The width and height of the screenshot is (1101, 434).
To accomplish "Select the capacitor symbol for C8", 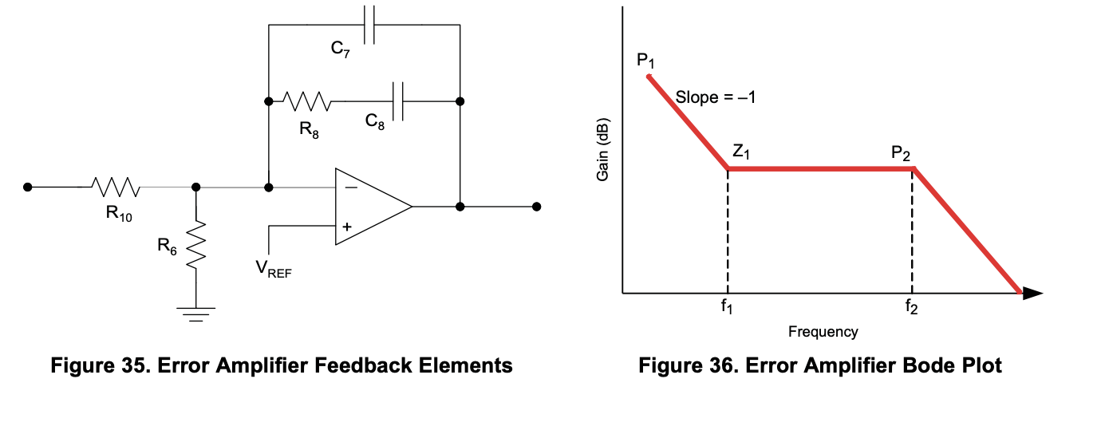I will [399, 101].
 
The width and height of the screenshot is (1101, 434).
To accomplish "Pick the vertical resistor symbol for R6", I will [195, 245].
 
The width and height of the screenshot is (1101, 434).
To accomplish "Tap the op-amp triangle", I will [371, 207].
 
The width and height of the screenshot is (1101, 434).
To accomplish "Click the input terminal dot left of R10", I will [28, 187].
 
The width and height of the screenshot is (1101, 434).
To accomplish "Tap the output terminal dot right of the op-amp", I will [536, 207].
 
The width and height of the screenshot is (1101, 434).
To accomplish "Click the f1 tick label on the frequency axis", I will [726, 308].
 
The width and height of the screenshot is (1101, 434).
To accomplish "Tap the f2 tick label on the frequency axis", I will [911, 308].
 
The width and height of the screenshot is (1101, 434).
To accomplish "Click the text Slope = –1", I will [715, 98].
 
